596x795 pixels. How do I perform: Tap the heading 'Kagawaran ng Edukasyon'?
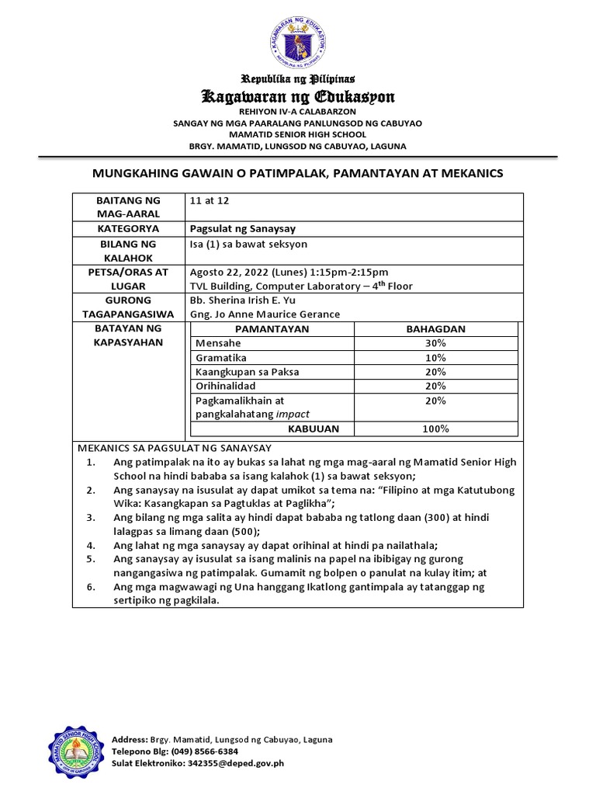tap(298, 97)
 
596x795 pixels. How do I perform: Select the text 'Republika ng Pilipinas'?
tap(298, 79)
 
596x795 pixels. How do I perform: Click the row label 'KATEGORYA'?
tap(129, 229)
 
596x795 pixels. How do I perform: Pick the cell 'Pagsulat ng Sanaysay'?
tap(241, 229)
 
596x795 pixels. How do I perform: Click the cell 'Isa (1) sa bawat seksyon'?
tap(248, 244)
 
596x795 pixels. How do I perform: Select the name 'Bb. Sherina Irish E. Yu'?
tap(242, 300)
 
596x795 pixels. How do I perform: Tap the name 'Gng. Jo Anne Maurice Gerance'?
tap(265, 314)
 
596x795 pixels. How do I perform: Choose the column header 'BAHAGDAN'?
tap(435, 329)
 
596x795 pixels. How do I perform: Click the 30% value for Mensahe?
tap(435, 343)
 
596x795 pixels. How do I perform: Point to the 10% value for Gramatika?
tap(435, 358)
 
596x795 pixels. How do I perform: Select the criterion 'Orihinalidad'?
tap(226, 386)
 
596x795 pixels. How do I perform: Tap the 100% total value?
tap(435, 429)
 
